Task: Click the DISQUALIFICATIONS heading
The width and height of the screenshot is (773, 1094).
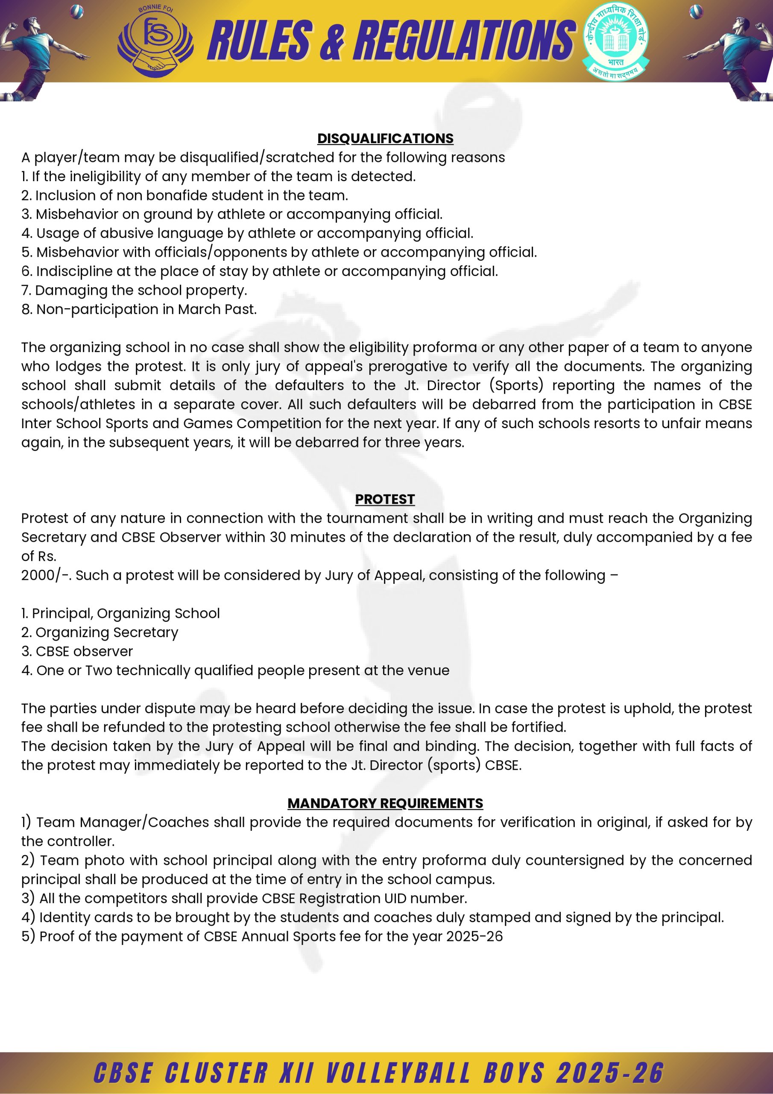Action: (x=385, y=138)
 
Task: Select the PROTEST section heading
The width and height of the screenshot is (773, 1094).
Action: (x=385, y=500)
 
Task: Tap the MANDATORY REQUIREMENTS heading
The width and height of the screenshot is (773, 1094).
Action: (x=385, y=803)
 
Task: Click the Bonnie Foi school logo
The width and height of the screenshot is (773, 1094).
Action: (x=155, y=42)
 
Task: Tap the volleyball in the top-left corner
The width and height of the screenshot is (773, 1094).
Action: (x=76, y=11)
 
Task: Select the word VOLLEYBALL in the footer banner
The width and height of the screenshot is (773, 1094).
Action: (x=399, y=1073)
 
